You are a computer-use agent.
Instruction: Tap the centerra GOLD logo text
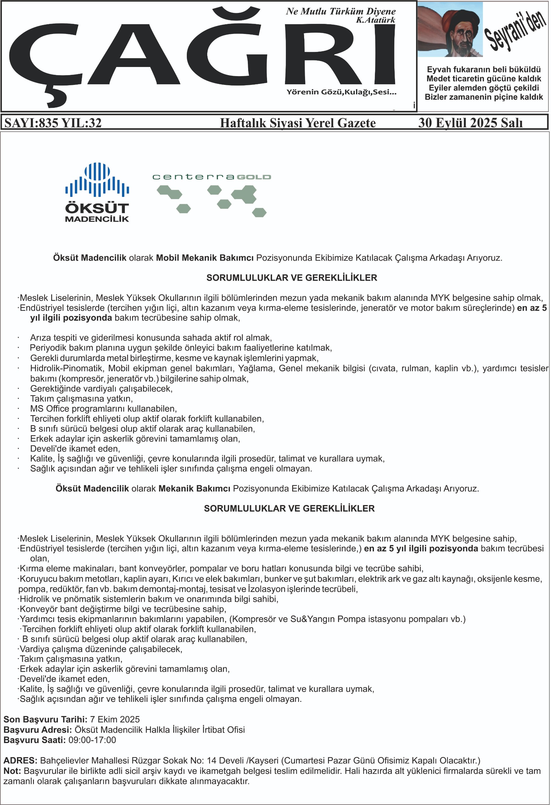211,177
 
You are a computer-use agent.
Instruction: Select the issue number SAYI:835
31,123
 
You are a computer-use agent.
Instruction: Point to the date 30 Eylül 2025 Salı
470,123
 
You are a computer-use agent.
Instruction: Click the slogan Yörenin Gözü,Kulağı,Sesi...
341,92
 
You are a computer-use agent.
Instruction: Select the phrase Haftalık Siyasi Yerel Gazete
298,123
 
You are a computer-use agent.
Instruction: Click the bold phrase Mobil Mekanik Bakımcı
205,258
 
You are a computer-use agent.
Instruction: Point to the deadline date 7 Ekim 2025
115,719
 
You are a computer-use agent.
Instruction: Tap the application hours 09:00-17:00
92,740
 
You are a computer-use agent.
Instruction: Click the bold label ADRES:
20,761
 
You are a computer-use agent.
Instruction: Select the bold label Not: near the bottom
12,771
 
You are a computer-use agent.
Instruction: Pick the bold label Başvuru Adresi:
37,730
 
